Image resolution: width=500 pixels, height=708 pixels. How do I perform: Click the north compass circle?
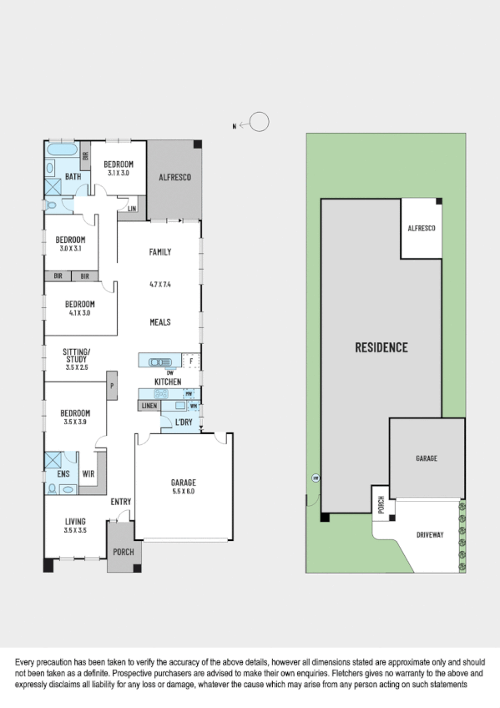[x=260, y=123]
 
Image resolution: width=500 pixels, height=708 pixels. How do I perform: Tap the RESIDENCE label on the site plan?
[x=381, y=347]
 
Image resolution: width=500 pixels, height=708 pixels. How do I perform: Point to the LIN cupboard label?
[x=131, y=208]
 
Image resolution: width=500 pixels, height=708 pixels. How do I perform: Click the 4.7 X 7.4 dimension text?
[x=159, y=285]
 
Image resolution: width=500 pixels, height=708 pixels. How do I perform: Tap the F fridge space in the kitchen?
[x=191, y=361]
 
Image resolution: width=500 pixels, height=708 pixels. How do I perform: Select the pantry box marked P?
[x=110, y=386]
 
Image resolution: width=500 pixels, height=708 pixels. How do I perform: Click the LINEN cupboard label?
[x=149, y=406]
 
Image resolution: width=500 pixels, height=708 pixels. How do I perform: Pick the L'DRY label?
[x=184, y=423]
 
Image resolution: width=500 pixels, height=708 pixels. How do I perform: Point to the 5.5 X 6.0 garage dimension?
[x=183, y=492]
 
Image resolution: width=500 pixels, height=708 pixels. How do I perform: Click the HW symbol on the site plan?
[x=316, y=478]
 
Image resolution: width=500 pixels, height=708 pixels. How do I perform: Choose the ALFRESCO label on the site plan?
[x=422, y=228]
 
